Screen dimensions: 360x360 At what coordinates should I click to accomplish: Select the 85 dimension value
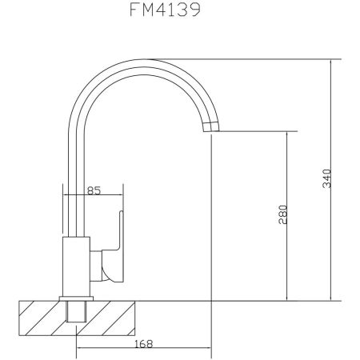93,190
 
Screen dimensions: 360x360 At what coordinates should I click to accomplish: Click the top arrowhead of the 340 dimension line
330,60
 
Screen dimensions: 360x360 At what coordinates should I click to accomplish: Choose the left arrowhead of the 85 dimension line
64,196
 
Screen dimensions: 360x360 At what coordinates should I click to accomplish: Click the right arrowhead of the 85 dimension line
122,196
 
